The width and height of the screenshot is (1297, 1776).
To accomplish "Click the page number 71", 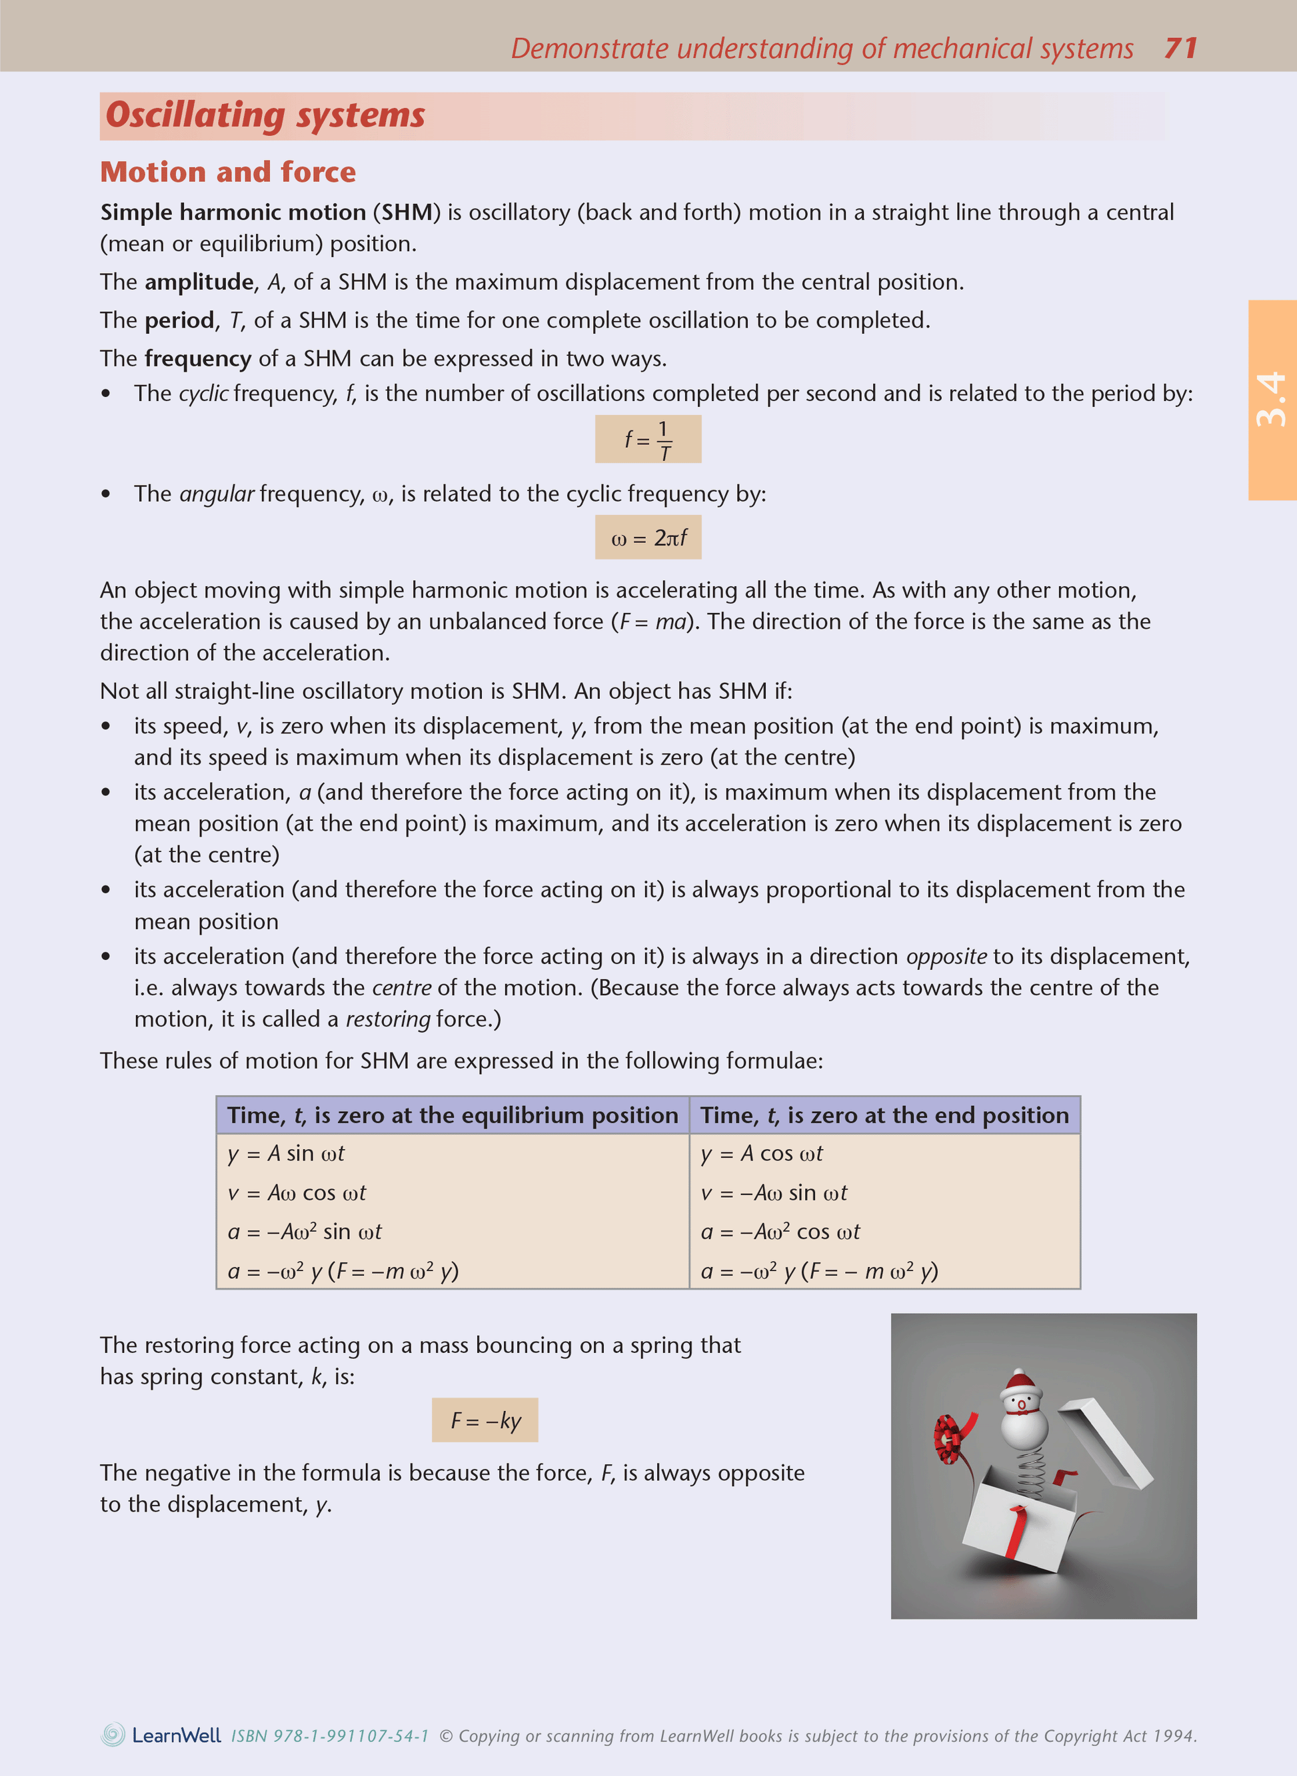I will click(1180, 49).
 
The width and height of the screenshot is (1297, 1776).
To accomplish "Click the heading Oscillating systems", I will click(265, 115).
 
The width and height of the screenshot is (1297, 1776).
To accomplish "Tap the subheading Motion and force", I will click(228, 172).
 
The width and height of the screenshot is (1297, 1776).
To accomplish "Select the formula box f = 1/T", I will click(648, 440).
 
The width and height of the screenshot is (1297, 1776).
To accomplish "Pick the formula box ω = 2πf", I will click(648, 538).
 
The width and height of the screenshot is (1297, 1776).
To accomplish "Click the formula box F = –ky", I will click(485, 1420).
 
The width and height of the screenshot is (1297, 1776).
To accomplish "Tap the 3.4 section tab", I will click(1272, 400).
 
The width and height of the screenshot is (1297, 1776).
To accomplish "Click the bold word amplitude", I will click(199, 282).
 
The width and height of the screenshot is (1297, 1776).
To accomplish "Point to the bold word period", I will click(179, 320).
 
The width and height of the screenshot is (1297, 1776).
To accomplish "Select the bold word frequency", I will click(198, 358).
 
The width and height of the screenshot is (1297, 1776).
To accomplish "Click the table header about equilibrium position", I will click(453, 1115).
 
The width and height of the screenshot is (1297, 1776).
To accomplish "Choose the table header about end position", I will click(884, 1115).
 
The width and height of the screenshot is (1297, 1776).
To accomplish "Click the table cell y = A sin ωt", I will click(287, 1154).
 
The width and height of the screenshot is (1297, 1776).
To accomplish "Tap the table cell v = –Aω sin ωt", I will click(774, 1193).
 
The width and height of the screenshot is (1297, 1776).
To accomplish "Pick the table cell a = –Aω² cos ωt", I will click(780, 1231).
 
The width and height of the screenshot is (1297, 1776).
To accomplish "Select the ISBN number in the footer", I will click(330, 1736).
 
